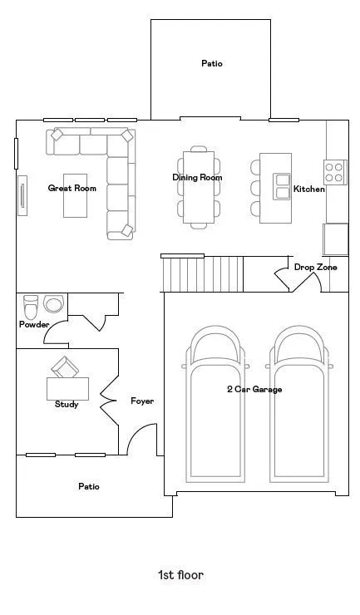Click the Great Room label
tap(72, 189)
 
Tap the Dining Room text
tap(197, 177)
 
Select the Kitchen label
tap(309, 189)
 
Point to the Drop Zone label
tap(316, 267)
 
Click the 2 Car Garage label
tap(254, 389)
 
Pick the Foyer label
tap(142, 401)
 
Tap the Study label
tap(67, 404)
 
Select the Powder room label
tap(34, 324)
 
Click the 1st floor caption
tap(180, 575)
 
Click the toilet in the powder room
tap(31, 307)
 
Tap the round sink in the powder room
tap(53, 303)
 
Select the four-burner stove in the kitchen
tap(335, 172)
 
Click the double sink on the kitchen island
tap(282, 187)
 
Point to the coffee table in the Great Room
tap(76, 195)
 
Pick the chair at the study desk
tap(65, 367)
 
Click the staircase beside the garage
tap(202, 274)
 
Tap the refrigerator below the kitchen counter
tap(335, 239)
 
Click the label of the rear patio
tap(212, 63)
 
